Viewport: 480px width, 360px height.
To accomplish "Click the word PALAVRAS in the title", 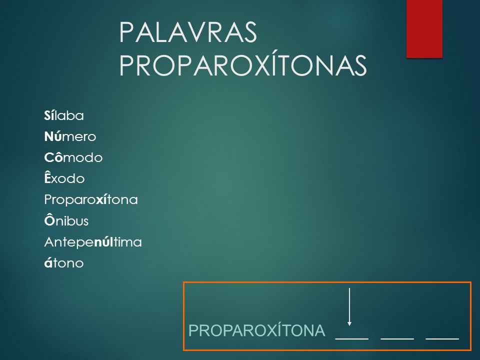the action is click(x=188, y=32).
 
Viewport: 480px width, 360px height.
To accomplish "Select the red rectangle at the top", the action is click(x=424, y=29).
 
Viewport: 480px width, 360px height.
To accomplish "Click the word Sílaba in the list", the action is click(x=64, y=115).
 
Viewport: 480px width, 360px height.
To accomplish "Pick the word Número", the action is click(x=70, y=136).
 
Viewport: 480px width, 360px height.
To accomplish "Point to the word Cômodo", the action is click(x=73, y=157).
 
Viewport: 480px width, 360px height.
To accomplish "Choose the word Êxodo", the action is click(x=64, y=178).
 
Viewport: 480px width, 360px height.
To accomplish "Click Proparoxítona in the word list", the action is click(x=91, y=200).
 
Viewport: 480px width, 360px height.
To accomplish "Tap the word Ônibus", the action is click(x=66, y=220).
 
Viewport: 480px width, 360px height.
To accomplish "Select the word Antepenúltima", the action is click(x=93, y=242).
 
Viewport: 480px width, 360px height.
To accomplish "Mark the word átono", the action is click(x=64, y=262).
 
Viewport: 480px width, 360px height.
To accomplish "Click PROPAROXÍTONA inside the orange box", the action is click(x=256, y=330).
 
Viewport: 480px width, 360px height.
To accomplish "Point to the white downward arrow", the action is click(x=349, y=307).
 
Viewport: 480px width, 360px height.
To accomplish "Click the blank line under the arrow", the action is click(x=352, y=339).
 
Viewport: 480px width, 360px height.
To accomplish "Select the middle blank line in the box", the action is click(x=397, y=339).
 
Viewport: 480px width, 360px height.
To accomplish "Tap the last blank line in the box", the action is click(x=442, y=339).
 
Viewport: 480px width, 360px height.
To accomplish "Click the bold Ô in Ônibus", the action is click(x=49, y=220).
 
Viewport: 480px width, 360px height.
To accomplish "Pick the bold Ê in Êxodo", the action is click(x=47, y=177).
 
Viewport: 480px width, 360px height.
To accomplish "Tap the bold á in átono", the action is click(x=48, y=262).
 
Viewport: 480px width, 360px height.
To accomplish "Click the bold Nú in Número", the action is click(x=53, y=136).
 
